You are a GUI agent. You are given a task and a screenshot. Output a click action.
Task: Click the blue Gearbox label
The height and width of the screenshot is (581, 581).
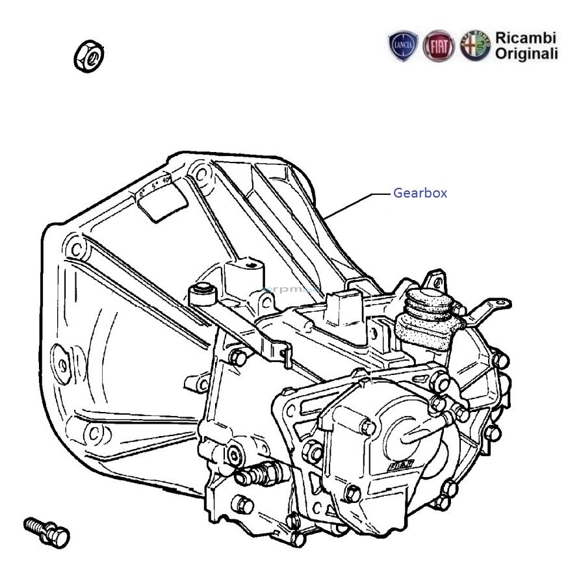click(420, 193)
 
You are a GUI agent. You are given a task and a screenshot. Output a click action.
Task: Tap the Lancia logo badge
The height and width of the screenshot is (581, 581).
click(403, 46)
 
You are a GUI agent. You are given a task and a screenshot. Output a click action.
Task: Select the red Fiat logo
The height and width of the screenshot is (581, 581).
click(439, 46)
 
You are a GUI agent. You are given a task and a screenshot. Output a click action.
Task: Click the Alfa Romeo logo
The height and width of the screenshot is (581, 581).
click(475, 46)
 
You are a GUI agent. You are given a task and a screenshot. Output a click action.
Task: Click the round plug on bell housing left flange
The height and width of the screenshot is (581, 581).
click(62, 365)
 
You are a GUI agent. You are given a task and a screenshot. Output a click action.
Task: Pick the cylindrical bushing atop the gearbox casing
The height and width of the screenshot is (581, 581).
click(203, 296)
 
